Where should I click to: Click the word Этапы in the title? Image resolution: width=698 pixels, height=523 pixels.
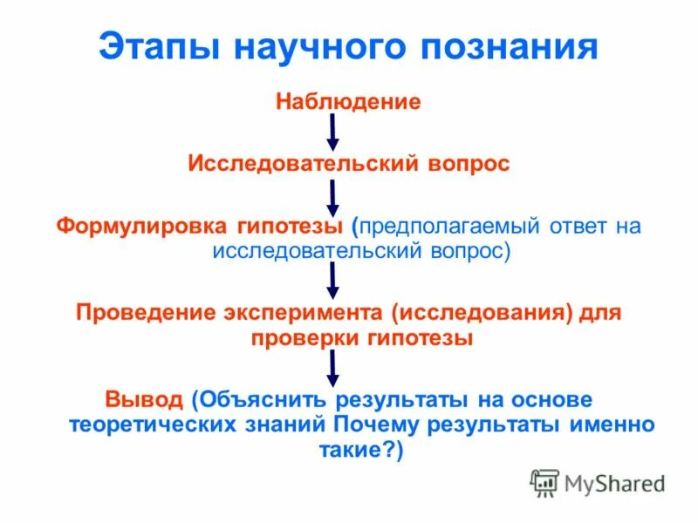pos(158,47)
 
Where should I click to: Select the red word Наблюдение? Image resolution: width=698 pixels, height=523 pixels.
pos(348,103)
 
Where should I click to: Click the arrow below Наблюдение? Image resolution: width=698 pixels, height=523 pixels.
pos(332,132)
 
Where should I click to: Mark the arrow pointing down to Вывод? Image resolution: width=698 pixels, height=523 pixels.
pos(332,367)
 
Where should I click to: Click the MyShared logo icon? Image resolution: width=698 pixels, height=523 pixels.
pos(544,482)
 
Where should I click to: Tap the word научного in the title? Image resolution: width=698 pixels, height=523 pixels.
pos(318,47)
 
